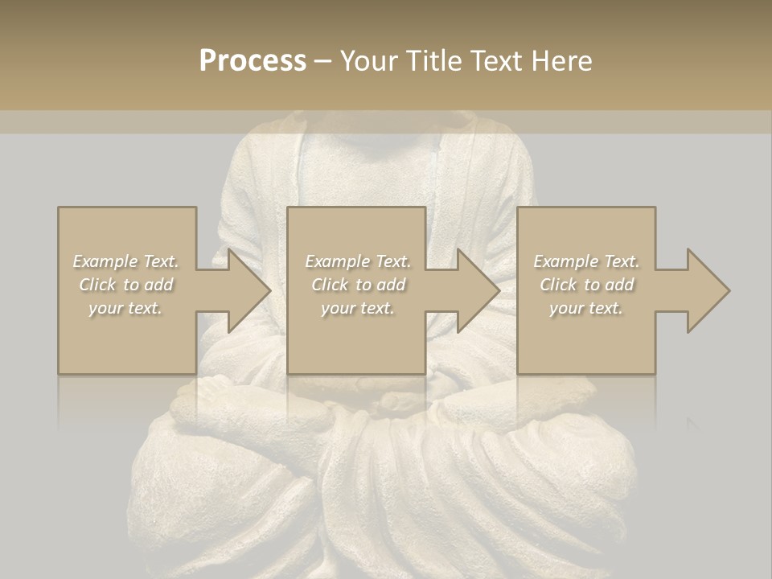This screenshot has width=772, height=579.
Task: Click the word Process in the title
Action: click(253, 61)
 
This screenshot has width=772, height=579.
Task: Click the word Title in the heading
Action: click(433, 61)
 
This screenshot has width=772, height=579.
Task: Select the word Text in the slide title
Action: click(499, 61)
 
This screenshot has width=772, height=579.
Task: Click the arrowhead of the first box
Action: click(248, 290)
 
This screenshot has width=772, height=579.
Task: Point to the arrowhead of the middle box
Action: click(478, 290)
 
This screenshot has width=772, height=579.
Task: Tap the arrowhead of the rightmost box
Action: click(707, 290)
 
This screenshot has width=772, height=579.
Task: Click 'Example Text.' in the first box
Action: click(125, 261)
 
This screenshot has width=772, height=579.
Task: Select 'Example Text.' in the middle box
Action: click(358, 261)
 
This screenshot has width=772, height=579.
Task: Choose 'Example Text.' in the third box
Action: click(586, 261)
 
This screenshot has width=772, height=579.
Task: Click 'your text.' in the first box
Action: click(125, 308)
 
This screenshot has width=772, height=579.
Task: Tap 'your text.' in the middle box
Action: click(358, 308)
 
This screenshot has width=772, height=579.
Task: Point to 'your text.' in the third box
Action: click(586, 308)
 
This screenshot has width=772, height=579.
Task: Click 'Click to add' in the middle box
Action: click(358, 285)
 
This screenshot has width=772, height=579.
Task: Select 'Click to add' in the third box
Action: click(586, 285)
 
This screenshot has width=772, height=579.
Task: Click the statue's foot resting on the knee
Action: click(241, 402)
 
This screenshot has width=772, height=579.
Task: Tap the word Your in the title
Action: click(368, 61)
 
